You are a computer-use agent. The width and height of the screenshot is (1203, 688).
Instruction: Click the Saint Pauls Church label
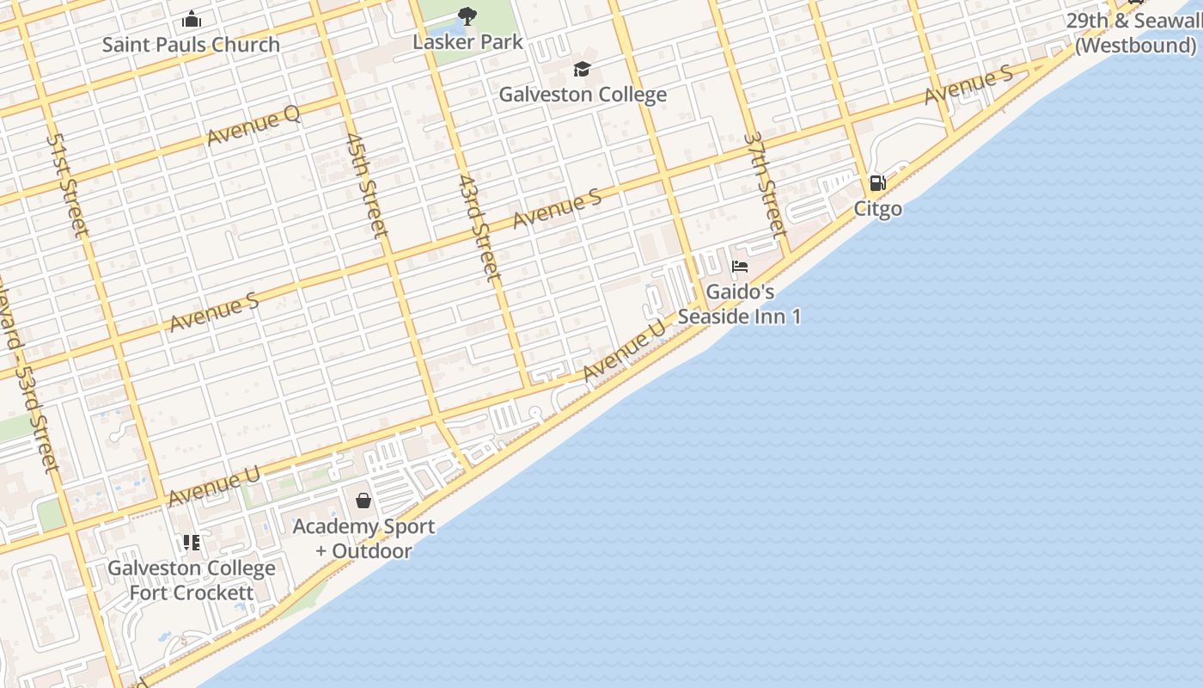191,45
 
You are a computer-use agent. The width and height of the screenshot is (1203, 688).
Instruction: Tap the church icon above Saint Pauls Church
192,19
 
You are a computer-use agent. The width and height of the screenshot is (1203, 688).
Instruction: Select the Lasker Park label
467,41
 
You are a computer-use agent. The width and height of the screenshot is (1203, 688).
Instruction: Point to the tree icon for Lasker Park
467,15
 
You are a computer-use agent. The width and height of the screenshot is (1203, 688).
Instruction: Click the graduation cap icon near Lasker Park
583,69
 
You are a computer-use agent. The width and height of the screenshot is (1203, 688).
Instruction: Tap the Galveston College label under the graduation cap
583,95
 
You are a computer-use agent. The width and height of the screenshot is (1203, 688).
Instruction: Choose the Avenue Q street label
253,126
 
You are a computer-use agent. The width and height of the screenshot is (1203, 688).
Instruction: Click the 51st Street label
68,184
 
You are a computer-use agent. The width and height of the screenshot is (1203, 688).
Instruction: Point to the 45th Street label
367,184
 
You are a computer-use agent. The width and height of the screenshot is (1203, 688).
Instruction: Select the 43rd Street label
479,228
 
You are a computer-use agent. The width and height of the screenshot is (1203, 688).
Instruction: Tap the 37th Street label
765,184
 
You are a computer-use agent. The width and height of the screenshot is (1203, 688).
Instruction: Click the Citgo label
877,209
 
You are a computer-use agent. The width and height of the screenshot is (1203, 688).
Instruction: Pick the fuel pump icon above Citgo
877,182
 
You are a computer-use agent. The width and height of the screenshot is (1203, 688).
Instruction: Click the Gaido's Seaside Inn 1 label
740,304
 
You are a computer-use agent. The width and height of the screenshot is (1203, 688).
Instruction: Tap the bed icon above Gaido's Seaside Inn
740,267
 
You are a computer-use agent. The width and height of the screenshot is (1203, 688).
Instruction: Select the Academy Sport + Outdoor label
363,538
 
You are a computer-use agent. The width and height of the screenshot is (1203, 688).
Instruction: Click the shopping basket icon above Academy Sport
363,501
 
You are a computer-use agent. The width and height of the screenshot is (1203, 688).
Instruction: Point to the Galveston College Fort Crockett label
192,580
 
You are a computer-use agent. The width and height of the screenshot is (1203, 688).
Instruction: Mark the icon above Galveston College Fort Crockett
192,543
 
